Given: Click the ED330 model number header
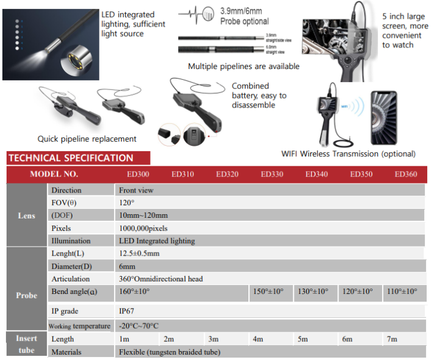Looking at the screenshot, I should coord(272,175).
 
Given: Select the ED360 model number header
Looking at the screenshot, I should coord(406,175).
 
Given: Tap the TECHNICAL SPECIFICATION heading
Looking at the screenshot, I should coord(70,158).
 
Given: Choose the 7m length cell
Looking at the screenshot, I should coord(392,339).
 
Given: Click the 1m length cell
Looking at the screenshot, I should coord(125,339).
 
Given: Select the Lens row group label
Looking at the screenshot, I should coord(26,216).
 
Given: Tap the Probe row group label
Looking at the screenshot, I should coord(26,295).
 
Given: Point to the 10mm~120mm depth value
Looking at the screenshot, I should coord(143,215).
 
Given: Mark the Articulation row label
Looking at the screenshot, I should coord(71,279).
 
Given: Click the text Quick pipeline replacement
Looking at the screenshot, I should coord(87,139).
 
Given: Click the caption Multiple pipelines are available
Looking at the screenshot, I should coord(244,67).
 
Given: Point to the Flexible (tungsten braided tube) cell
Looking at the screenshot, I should coord(170,352).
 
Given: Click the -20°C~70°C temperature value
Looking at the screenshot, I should coord(139,326).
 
